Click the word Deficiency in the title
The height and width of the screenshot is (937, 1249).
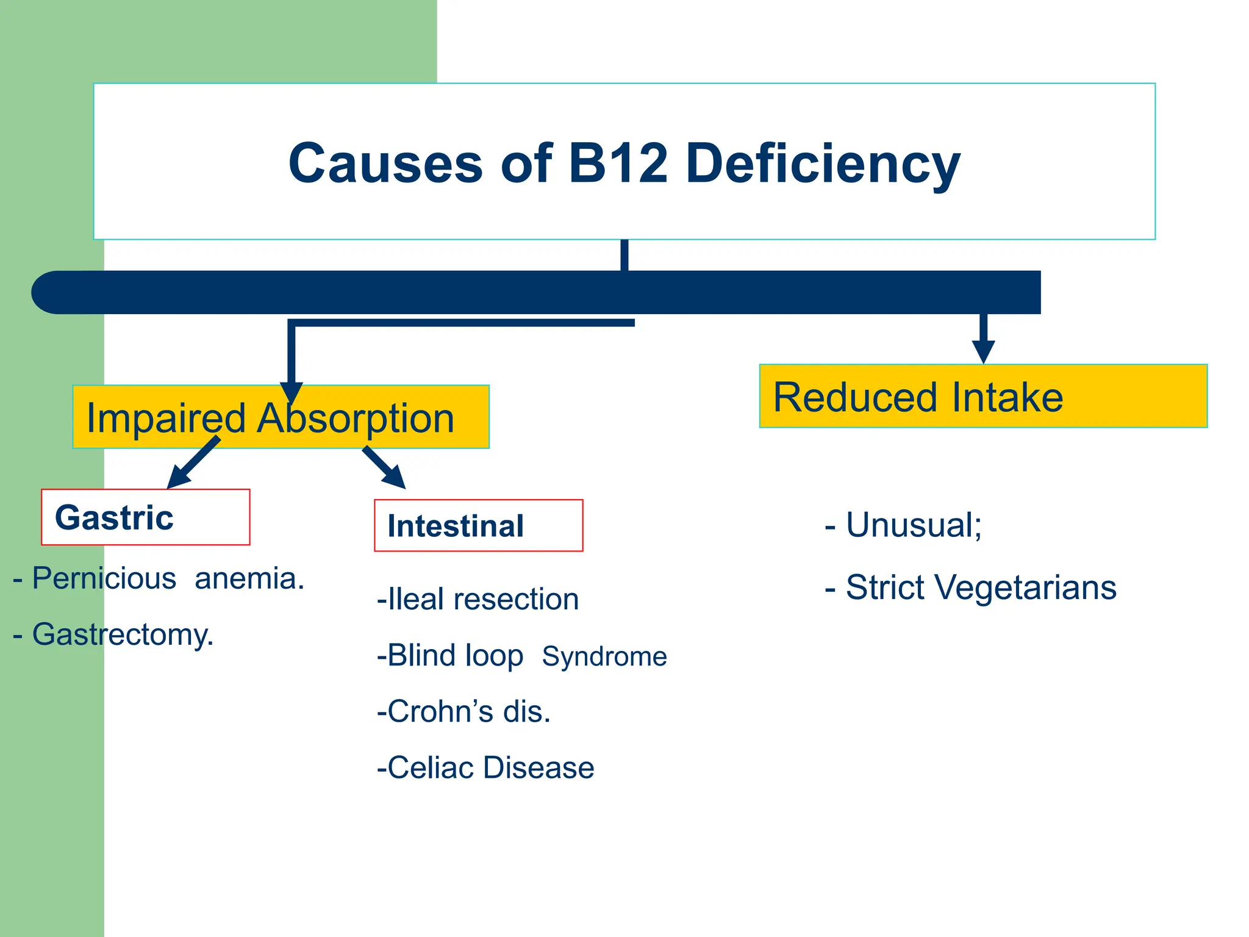(x=823, y=163)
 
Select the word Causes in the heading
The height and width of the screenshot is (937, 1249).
(x=385, y=163)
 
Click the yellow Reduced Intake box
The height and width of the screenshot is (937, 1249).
(x=982, y=397)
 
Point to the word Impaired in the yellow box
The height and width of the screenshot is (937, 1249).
(x=165, y=418)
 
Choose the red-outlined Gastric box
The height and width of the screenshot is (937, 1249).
(x=146, y=517)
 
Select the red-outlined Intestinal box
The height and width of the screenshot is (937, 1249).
(x=478, y=526)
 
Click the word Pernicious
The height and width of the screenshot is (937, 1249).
(x=104, y=578)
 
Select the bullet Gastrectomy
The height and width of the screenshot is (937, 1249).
(x=122, y=634)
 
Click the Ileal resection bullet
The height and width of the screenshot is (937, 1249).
(x=478, y=599)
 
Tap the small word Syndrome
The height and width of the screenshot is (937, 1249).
(x=604, y=656)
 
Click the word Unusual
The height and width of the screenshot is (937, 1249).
(x=913, y=525)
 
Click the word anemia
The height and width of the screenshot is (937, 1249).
(x=249, y=578)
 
